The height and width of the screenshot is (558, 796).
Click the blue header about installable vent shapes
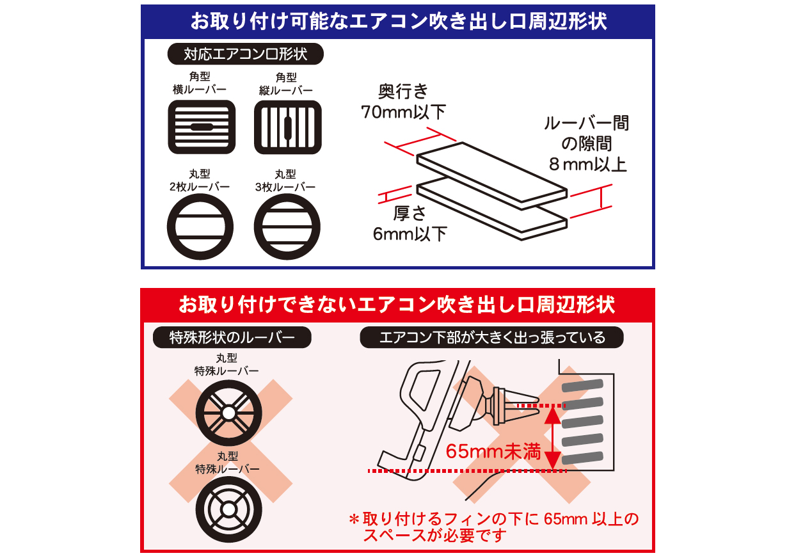(397, 21)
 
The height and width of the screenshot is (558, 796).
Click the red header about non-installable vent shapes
(397, 305)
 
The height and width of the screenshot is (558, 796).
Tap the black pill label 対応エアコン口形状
(246, 54)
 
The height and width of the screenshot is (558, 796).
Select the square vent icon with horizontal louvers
(202, 127)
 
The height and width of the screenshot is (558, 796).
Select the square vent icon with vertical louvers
(288, 127)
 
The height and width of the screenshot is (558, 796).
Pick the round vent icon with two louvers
(200, 227)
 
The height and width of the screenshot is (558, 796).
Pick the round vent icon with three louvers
(287, 227)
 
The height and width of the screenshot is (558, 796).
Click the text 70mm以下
(403, 112)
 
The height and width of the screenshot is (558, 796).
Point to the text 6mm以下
(410, 234)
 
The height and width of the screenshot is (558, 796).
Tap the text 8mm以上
(588, 164)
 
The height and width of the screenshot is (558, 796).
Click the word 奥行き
(403, 92)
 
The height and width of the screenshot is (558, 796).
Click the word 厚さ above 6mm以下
(410, 213)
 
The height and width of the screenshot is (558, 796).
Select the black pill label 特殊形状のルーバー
(232, 337)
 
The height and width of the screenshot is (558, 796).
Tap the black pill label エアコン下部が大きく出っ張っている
(492, 337)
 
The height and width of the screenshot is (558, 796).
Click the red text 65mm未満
(493, 451)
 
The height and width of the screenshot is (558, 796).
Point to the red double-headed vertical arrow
(553, 438)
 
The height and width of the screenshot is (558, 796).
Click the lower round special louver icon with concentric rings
(229, 509)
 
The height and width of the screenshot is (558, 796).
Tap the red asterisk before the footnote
(354, 520)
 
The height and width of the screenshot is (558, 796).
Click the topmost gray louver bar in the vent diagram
(582, 385)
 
